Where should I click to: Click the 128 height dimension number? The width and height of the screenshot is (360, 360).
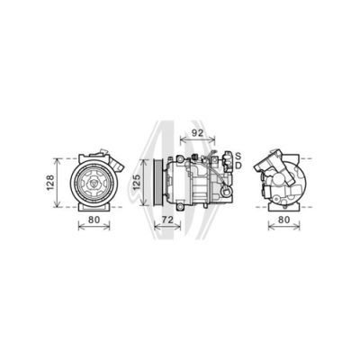50,183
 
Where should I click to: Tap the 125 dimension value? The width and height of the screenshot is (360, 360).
137,182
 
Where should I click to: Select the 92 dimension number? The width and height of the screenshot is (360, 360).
197,133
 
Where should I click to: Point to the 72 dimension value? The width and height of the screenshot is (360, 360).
167,220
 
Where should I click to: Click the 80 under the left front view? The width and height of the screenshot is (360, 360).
94,220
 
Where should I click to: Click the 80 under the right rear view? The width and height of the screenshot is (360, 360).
283,220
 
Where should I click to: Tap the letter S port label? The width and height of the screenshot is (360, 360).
238,156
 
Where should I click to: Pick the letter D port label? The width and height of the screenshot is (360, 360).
238,166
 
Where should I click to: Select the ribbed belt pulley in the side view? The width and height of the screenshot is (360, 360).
157,182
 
